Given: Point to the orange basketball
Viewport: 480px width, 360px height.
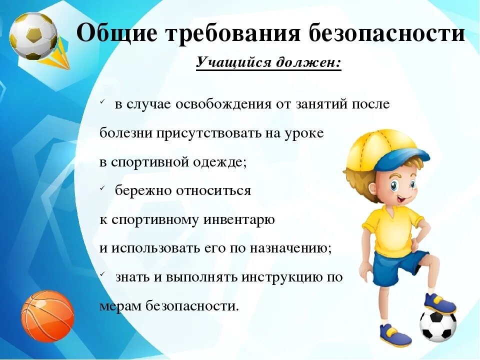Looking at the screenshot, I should [47, 316].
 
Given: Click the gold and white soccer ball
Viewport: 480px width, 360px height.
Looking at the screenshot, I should [33, 35].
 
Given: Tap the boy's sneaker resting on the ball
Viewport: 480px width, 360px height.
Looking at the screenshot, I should [439, 303].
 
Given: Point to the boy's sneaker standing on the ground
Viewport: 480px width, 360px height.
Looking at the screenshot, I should [395, 334].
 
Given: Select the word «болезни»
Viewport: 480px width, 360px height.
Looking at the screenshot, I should [126, 133].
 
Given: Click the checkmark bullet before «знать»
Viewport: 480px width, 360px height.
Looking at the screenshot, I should [102, 275].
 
